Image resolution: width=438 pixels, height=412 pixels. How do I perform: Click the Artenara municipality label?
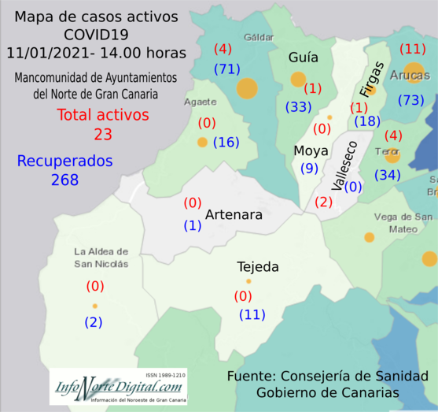(234, 214)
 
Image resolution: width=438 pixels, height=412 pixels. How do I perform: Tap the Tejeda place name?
(258, 268)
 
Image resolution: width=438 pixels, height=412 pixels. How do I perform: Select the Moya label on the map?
(305, 151)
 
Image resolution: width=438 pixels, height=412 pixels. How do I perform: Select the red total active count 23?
(102, 134)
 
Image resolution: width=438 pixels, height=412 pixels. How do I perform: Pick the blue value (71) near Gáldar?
(227, 69)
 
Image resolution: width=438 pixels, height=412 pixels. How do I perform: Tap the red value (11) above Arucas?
(412, 49)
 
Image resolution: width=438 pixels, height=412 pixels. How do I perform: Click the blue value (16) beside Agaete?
(226, 143)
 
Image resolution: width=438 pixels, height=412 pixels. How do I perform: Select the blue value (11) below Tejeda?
(252, 315)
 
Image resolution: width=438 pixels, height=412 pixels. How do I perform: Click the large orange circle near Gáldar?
(247, 88)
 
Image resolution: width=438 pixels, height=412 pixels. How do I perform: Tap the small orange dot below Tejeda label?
(248, 281)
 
